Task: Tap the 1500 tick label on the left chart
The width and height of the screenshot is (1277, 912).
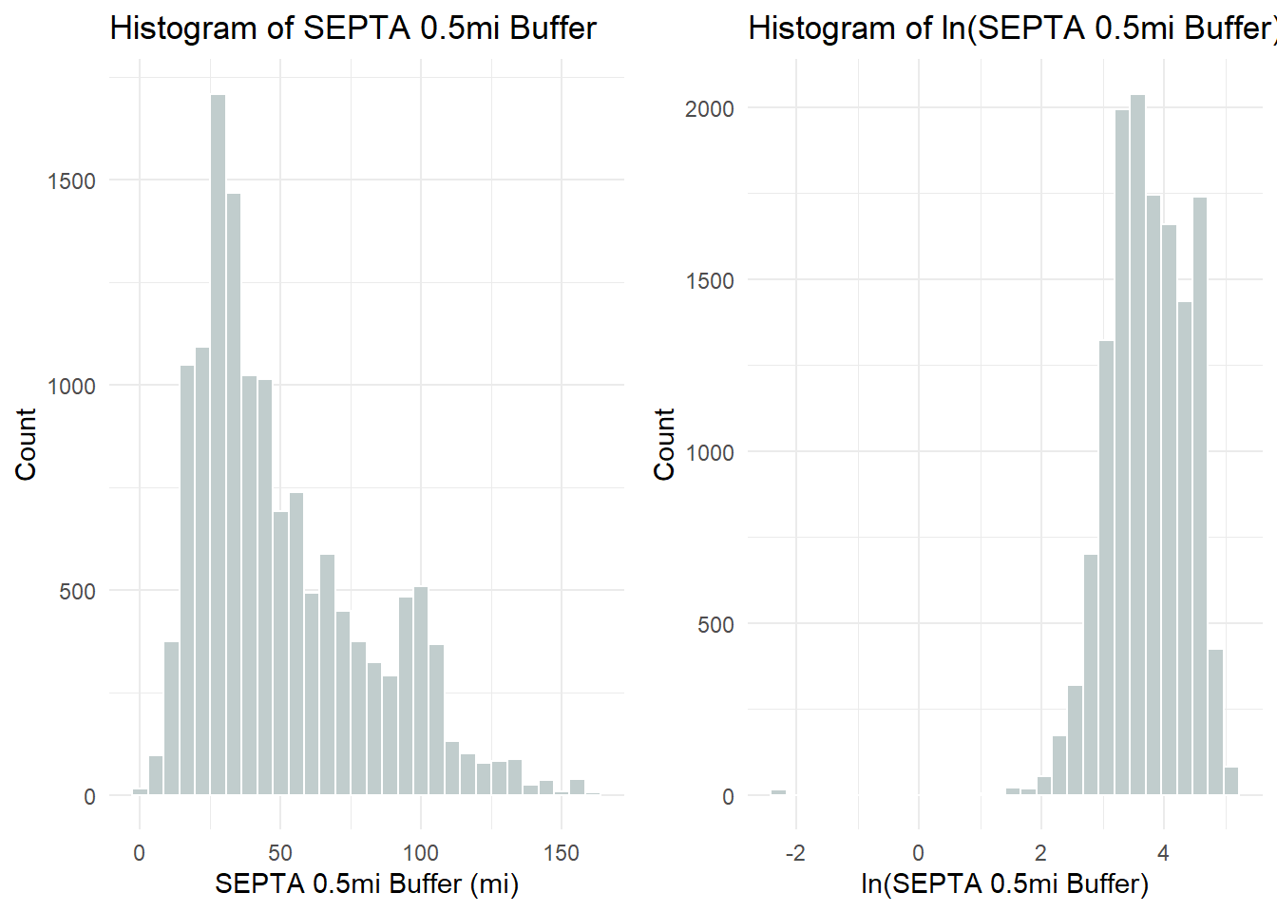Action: (72, 181)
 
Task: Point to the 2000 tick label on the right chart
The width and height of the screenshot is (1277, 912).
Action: (710, 109)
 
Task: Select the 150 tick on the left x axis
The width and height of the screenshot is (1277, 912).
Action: (562, 853)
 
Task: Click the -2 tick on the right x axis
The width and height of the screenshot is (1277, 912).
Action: (795, 853)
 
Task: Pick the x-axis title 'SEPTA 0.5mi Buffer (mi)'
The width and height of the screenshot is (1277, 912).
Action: (367, 884)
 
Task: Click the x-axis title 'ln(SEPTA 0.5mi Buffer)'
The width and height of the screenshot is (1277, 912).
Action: (1004, 884)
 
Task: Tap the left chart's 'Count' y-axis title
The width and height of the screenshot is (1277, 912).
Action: (26, 445)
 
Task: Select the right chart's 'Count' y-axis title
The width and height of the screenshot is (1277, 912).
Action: (664, 445)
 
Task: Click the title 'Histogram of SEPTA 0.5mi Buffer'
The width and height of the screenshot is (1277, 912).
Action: (353, 28)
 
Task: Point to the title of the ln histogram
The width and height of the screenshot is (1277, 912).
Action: (1011, 28)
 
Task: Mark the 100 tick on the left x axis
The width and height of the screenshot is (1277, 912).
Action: (420, 853)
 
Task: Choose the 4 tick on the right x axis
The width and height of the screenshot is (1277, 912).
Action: (1163, 853)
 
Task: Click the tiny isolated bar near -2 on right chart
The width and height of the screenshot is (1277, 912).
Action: (778, 792)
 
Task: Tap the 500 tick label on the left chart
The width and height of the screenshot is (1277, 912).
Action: (77, 592)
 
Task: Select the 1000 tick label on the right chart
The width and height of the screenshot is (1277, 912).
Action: (710, 453)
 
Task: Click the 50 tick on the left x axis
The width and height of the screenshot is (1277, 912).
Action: (280, 853)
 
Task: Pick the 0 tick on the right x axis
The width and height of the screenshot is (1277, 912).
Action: (918, 853)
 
